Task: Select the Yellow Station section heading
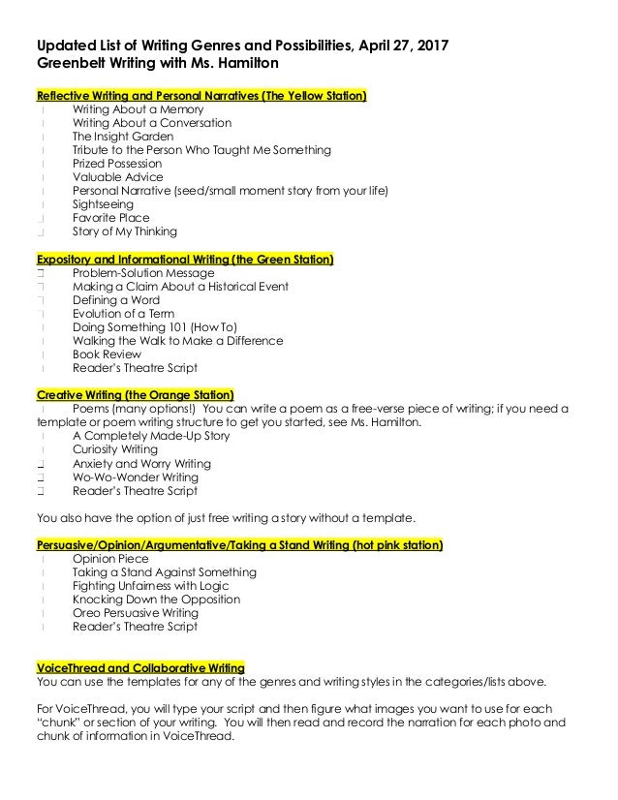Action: tap(201, 96)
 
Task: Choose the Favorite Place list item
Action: tap(111, 218)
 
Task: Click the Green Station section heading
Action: tap(184, 260)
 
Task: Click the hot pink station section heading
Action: tap(239, 545)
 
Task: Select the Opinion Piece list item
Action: tap(110, 559)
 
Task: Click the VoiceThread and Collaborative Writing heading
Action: tap(140, 667)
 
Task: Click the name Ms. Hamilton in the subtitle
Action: tap(226, 65)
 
